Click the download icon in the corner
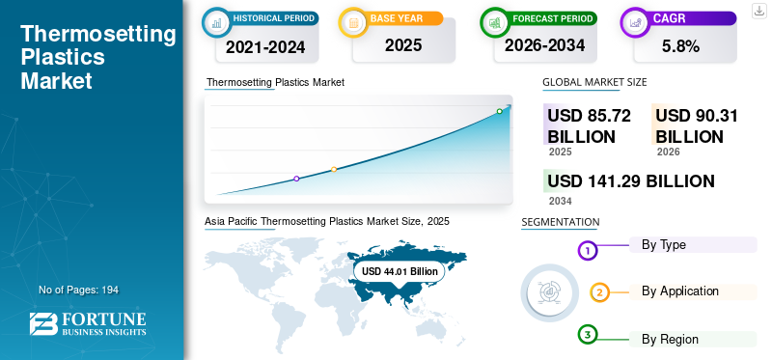[758, 11]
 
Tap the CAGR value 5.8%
[681, 46]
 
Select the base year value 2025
[403, 45]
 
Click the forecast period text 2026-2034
[544, 45]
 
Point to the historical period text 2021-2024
[265, 47]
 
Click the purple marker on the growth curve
[296, 179]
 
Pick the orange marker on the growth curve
[334, 170]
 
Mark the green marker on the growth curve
[499, 111]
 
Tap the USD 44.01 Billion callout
[400, 271]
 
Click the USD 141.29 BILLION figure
[631, 181]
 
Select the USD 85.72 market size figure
[589, 126]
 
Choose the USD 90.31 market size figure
[697, 126]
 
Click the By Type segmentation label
[664, 245]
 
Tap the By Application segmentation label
[680, 291]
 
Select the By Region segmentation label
[670, 340]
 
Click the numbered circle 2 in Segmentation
[599, 293]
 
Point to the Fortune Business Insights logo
[88, 323]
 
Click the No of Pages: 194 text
[79, 291]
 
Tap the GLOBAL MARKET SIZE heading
[594, 82]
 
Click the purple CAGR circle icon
[634, 22]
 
